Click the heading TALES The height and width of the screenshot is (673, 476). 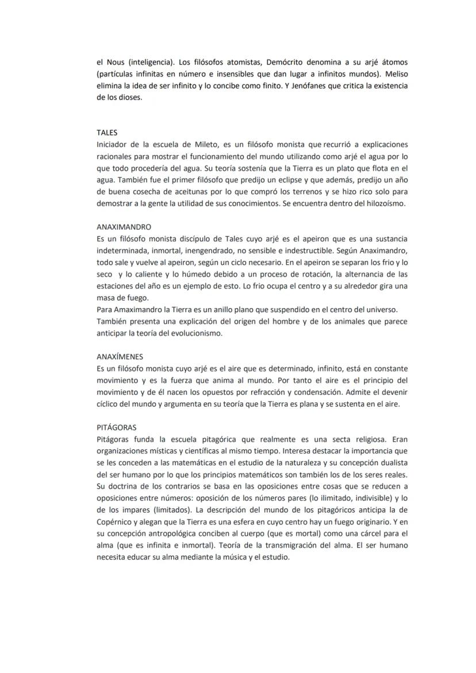pyautogui.click(x=107, y=132)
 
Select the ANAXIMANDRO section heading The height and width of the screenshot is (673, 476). pyautogui.click(x=124, y=227)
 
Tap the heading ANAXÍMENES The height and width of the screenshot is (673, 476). pyautogui.click(x=120, y=356)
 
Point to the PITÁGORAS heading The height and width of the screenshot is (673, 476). pyautogui.click(x=116, y=428)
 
